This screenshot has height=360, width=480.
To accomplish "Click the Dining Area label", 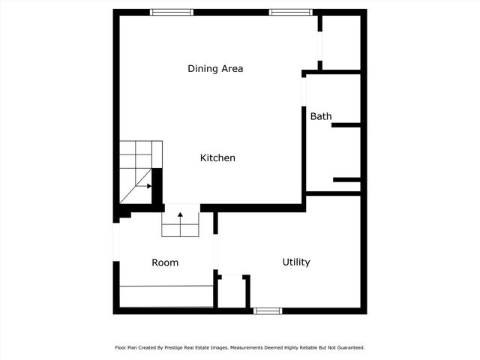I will (x=215, y=69).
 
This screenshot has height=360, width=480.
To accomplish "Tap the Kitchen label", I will (x=217, y=158).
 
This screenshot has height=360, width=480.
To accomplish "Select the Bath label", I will (x=321, y=116).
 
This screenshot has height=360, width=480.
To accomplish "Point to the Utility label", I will (x=296, y=262).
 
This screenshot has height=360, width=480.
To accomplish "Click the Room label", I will (x=165, y=262).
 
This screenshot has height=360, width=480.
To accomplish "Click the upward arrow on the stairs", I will (x=181, y=217).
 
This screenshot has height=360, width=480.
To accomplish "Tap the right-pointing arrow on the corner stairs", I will (x=148, y=185).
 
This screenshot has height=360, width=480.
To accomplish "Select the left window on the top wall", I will (x=172, y=12).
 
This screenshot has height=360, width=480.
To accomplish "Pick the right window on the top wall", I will (x=291, y=12).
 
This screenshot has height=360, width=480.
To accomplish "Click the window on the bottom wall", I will (x=268, y=310).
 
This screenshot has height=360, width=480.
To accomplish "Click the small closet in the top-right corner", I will (x=341, y=42).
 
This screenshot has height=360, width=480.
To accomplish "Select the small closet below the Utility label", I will (x=232, y=292).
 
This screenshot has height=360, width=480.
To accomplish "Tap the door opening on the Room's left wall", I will (x=116, y=241).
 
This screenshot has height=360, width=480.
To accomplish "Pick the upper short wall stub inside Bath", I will (x=346, y=125).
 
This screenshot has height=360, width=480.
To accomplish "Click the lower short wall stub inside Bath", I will (x=347, y=179).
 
